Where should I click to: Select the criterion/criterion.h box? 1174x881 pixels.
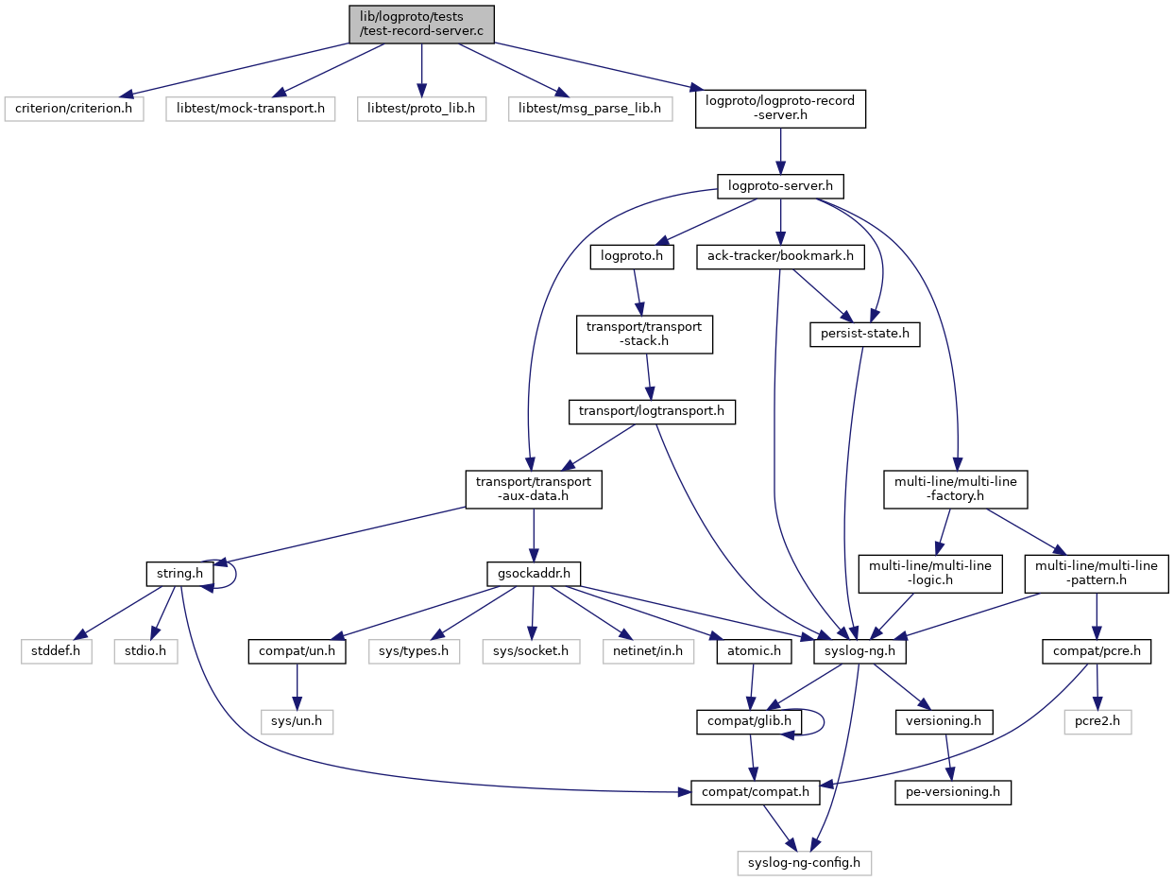[74, 109]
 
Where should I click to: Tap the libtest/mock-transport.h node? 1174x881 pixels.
[250, 109]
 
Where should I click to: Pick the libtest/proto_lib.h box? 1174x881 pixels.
[421, 109]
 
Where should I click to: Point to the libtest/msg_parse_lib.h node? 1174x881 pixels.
[589, 109]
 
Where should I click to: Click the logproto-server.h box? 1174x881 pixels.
[780, 186]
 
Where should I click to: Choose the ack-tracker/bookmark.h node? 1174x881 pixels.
[780, 256]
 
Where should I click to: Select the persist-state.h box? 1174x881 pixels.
[864, 334]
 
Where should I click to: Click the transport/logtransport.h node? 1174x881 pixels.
[652, 411]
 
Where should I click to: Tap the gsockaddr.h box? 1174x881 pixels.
[533, 574]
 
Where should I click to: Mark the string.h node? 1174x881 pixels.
[179, 574]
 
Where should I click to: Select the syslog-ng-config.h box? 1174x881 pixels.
[804, 863]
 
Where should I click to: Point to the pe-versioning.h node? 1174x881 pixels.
[953, 792]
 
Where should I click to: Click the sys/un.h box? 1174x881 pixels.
[297, 722]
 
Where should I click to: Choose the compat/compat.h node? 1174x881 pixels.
[756, 792]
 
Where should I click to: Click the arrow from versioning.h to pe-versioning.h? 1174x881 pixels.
[947, 756]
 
